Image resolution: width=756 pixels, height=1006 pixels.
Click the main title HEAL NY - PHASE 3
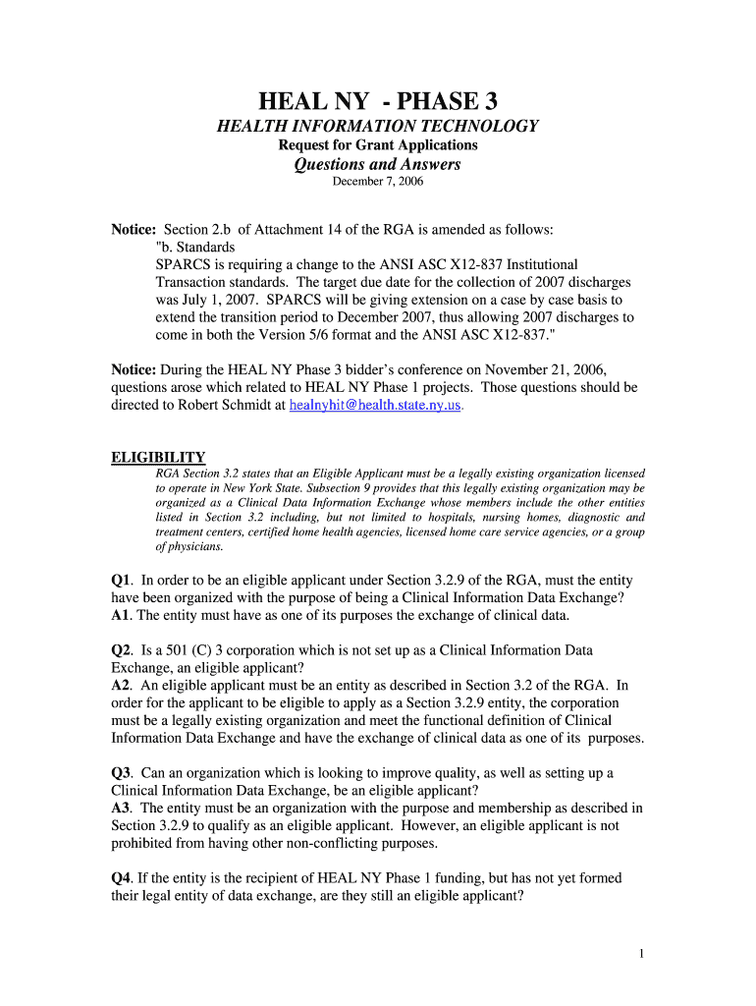click(378, 101)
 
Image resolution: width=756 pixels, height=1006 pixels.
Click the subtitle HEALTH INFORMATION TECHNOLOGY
click(378, 126)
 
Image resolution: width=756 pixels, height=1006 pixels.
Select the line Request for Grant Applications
click(378, 145)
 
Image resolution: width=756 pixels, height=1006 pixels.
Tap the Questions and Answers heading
click(378, 164)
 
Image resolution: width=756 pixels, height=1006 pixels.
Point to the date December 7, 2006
click(378, 182)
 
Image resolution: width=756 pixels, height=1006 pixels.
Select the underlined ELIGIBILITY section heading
click(158, 457)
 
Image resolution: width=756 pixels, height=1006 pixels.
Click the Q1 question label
click(122, 581)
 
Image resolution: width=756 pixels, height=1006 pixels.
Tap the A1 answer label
click(122, 615)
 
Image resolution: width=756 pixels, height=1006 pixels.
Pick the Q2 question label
click(122, 650)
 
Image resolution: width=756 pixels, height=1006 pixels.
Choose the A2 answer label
click(122, 685)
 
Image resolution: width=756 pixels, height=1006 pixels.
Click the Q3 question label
click(122, 773)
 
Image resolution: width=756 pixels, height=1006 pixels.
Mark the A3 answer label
click(122, 808)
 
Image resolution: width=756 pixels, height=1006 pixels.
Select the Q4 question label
click(122, 877)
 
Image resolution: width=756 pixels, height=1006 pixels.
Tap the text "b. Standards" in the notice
click(195, 247)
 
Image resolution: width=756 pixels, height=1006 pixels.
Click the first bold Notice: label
click(135, 229)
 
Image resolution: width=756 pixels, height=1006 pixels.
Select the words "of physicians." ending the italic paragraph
click(189, 546)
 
